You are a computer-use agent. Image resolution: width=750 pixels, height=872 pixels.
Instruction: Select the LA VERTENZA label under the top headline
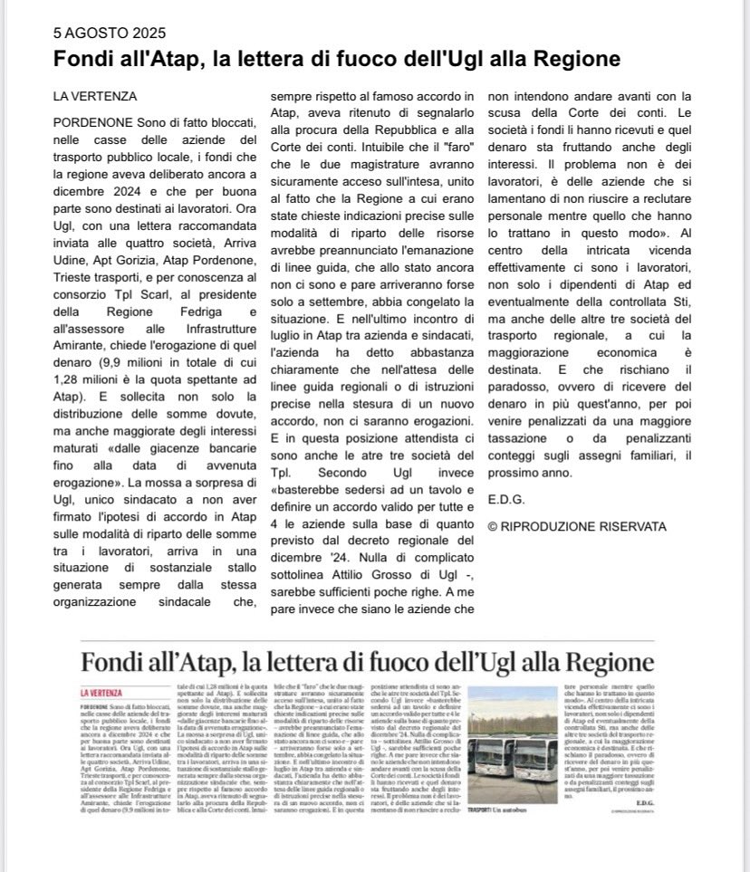pos(95,96)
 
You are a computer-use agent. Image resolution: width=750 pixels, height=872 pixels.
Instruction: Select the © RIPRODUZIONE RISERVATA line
pos(576,526)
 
